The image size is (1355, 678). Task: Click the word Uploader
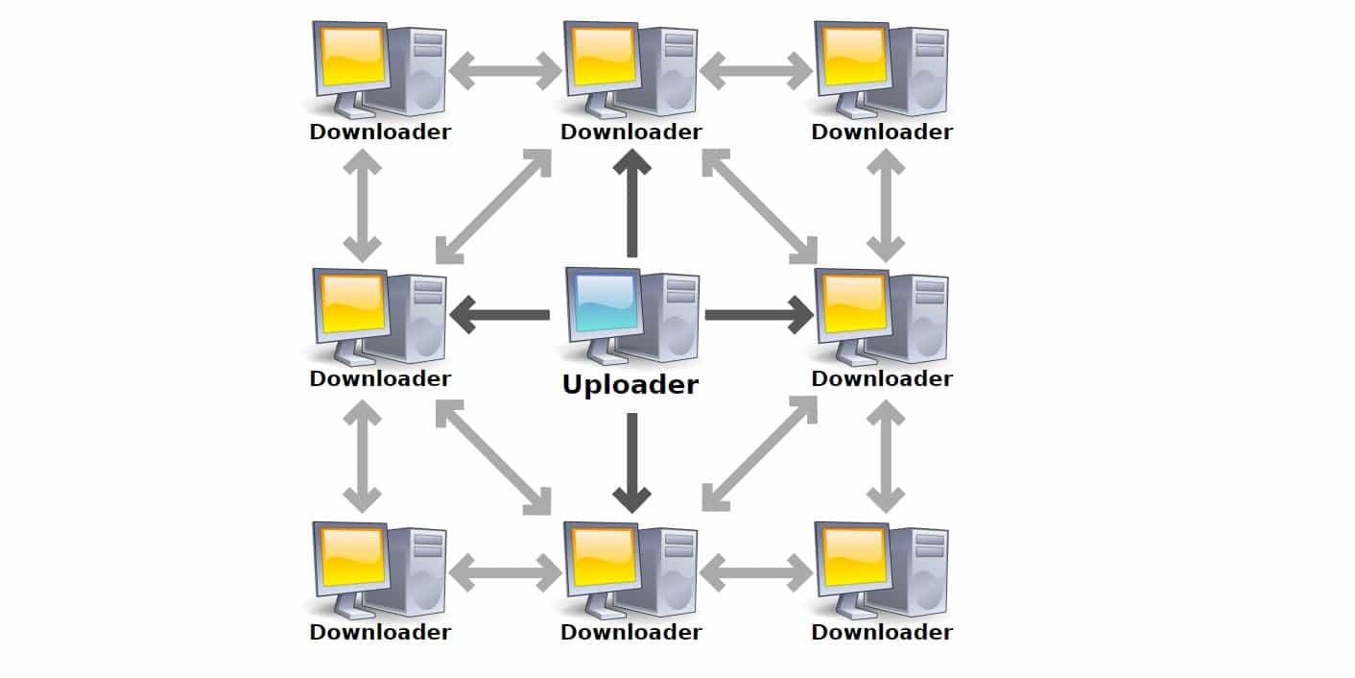coord(630,385)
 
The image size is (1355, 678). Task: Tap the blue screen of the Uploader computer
coord(606,302)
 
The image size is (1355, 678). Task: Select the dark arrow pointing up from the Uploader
coord(632,204)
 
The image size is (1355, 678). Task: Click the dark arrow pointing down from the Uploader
coord(632,463)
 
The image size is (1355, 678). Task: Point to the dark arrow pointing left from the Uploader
coord(500,315)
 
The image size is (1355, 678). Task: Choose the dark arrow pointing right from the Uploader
coord(759,315)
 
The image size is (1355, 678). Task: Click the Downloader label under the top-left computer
coord(380,132)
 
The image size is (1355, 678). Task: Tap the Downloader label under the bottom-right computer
coord(882,632)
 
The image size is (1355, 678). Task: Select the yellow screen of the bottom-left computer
coord(352,557)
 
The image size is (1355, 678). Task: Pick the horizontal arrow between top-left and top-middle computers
coord(506,71)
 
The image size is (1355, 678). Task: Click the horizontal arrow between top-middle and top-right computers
coord(756,71)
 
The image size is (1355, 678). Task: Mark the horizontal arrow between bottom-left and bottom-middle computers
coord(506,572)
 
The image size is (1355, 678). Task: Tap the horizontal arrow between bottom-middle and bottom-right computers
coord(756,572)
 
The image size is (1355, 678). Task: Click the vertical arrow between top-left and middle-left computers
coord(363,206)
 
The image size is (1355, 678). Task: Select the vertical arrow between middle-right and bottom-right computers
coord(886,456)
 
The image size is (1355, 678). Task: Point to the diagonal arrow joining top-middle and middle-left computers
coord(493,206)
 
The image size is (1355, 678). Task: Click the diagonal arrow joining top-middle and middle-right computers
coord(760,206)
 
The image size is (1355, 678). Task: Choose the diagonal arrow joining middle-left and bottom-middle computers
coord(493,457)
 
